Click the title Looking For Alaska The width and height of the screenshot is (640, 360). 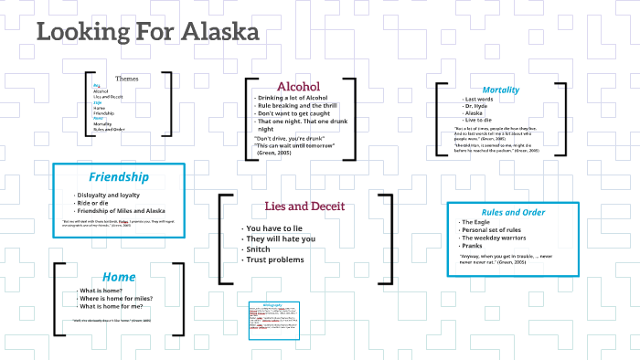[147, 32]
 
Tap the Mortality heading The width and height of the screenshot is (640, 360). [500, 90]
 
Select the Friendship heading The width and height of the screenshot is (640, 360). [118, 175]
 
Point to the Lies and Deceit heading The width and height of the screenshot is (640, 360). [304, 206]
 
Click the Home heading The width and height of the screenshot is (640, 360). [119, 276]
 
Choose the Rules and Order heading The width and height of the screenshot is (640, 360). [514, 212]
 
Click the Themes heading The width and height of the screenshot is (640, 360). [127, 79]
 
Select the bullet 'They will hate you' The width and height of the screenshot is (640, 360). [281, 238]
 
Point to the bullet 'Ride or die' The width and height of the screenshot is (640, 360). [94, 203]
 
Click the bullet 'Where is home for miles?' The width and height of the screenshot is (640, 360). [116, 299]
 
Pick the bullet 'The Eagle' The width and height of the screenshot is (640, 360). [477, 222]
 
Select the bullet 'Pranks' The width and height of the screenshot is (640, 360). [474, 247]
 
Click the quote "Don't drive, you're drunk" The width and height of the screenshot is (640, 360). [287, 138]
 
